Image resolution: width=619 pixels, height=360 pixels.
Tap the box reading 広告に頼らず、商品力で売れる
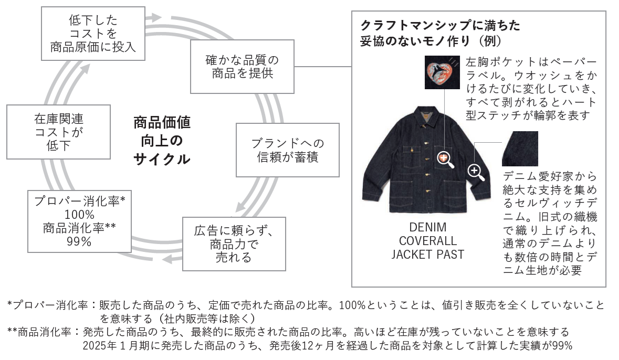[234, 244]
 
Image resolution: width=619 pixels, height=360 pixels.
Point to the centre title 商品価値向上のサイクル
[162, 141]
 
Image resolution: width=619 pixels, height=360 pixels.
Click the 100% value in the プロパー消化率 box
[79, 215]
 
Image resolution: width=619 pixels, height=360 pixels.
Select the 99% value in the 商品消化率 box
[79, 242]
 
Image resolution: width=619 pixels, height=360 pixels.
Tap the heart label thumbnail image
[439, 73]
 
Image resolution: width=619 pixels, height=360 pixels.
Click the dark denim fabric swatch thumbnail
[520, 149]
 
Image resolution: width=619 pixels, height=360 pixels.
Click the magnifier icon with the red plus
[446, 159]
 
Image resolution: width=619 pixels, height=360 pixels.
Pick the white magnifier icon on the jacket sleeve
[476, 171]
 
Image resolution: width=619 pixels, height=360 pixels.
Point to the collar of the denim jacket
[426, 115]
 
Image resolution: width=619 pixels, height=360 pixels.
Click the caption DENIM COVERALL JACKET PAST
[427, 241]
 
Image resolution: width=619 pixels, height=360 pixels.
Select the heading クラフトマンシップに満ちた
[440, 25]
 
